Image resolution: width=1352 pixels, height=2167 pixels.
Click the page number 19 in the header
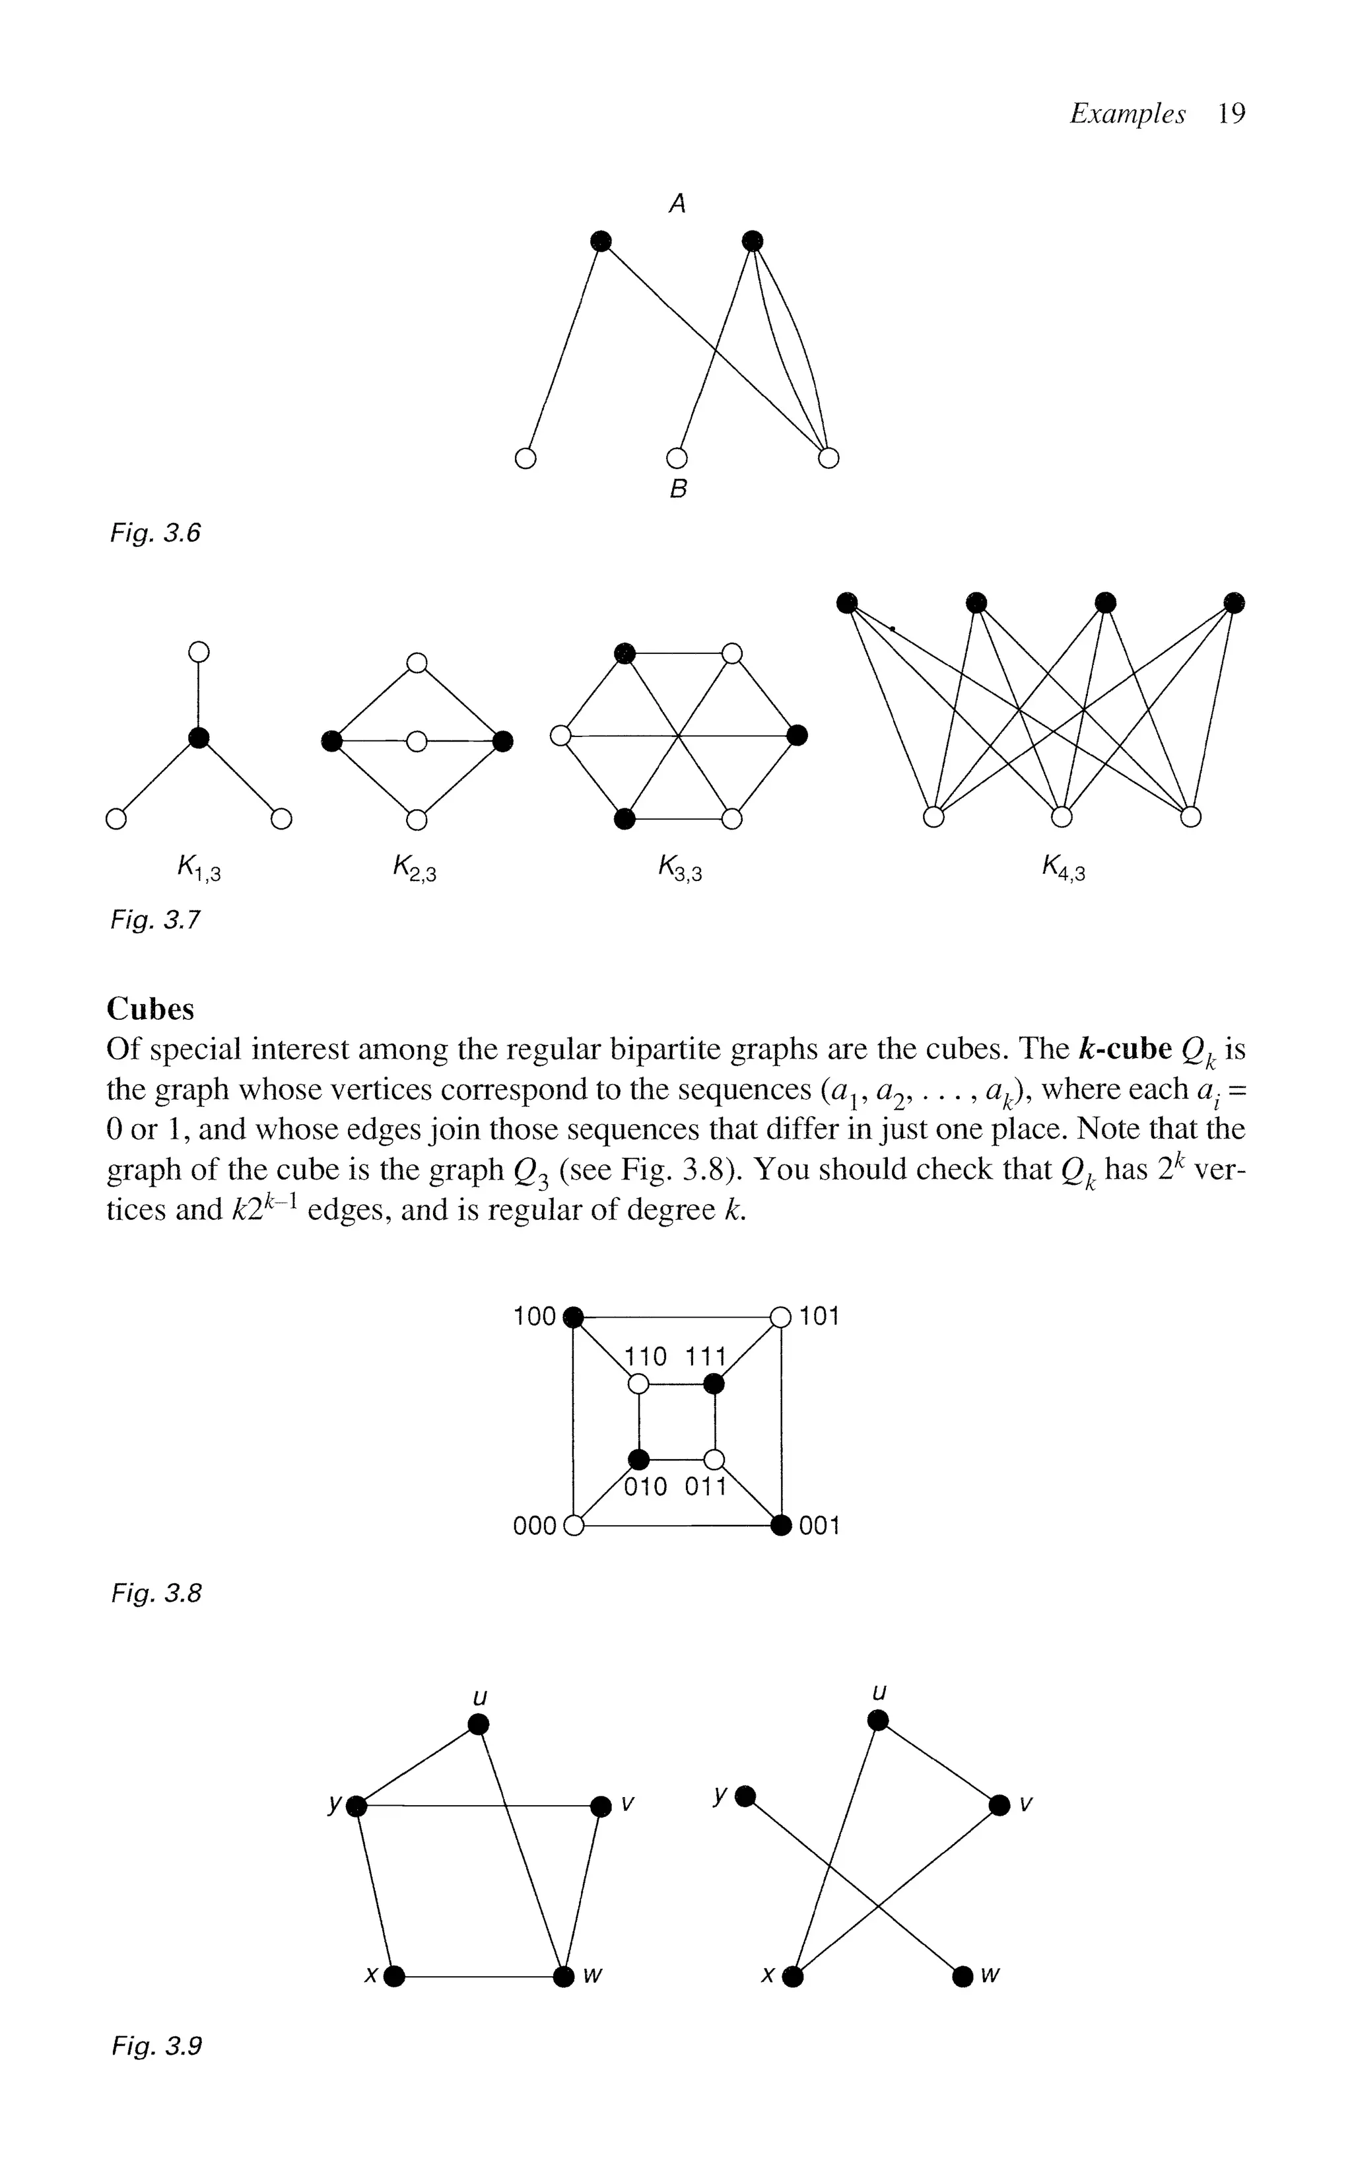pos(1231,114)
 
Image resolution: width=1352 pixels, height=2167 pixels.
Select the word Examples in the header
pos(1127,114)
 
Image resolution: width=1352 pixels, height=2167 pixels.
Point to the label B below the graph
pos(678,489)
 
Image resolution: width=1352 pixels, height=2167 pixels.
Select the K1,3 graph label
pos(199,867)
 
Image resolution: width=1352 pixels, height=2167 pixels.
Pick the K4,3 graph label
pos(1062,867)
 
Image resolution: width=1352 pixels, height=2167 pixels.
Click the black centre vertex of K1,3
pos(199,738)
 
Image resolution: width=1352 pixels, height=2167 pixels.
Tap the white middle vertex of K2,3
pos(417,742)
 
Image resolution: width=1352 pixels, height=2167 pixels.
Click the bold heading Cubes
pos(151,1009)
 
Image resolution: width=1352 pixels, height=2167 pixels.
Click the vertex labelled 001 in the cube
pos(782,1525)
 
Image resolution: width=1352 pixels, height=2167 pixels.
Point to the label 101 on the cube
pos(819,1316)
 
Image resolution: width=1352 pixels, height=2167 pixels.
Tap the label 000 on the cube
pos(535,1526)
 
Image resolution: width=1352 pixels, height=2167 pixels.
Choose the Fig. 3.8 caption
pos(156,1593)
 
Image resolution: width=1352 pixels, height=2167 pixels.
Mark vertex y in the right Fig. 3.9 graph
pos(746,1796)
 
